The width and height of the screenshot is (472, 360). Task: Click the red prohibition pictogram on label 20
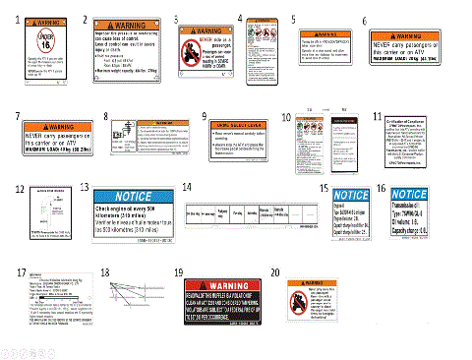(x=305, y=296)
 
